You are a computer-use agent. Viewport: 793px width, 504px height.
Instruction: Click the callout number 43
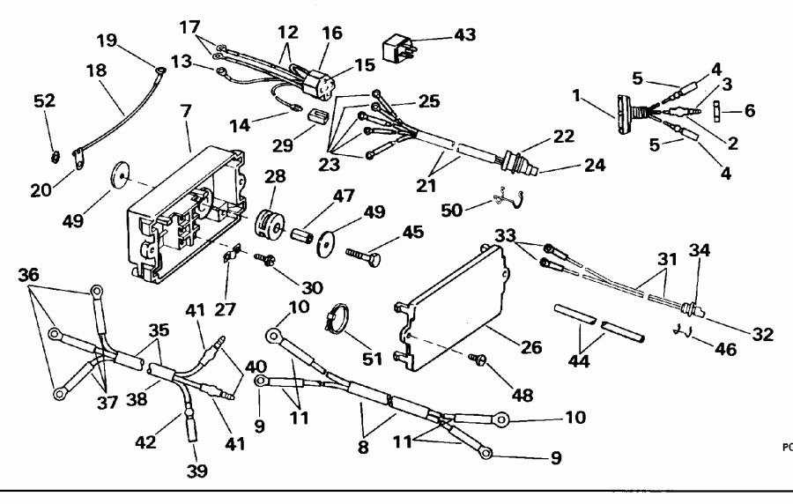click(x=463, y=35)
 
